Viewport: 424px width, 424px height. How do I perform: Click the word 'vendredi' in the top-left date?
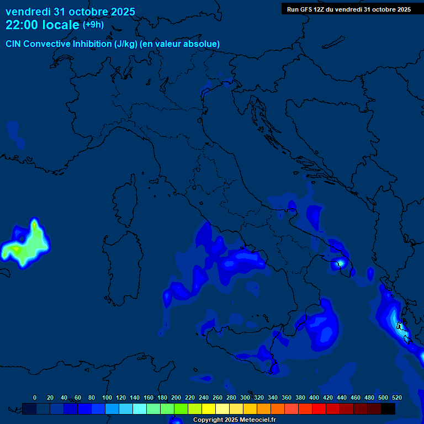pyautogui.click(x=27, y=12)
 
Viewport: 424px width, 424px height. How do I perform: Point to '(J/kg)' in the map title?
pyautogui.click(x=126, y=44)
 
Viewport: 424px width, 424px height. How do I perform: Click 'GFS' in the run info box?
pyautogui.click(x=307, y=9)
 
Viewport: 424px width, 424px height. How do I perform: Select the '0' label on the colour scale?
pyautogui.click(x=35, y=397)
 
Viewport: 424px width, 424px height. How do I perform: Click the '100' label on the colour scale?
pyautogui.click(x=107, y=397)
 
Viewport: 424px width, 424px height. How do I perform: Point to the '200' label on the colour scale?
pyautogui.click(x=176, y=397)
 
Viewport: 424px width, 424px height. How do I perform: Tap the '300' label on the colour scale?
pyautogui.click(x=245, y=397)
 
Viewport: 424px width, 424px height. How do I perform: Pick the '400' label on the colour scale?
pyautogui.click(x=314, y=397)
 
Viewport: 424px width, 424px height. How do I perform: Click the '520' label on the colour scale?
pyautogui.click(x=396, y=397)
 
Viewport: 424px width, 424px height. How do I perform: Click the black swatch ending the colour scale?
pyautogui.click(x=388, y=409)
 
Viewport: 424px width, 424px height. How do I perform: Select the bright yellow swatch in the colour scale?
pyautogui.click(x=209, y=409)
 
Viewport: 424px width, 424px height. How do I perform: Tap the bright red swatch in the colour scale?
pyautogui.click(x=319, y=409)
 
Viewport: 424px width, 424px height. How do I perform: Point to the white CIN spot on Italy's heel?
pyautogui.click(x=341, y=263)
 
